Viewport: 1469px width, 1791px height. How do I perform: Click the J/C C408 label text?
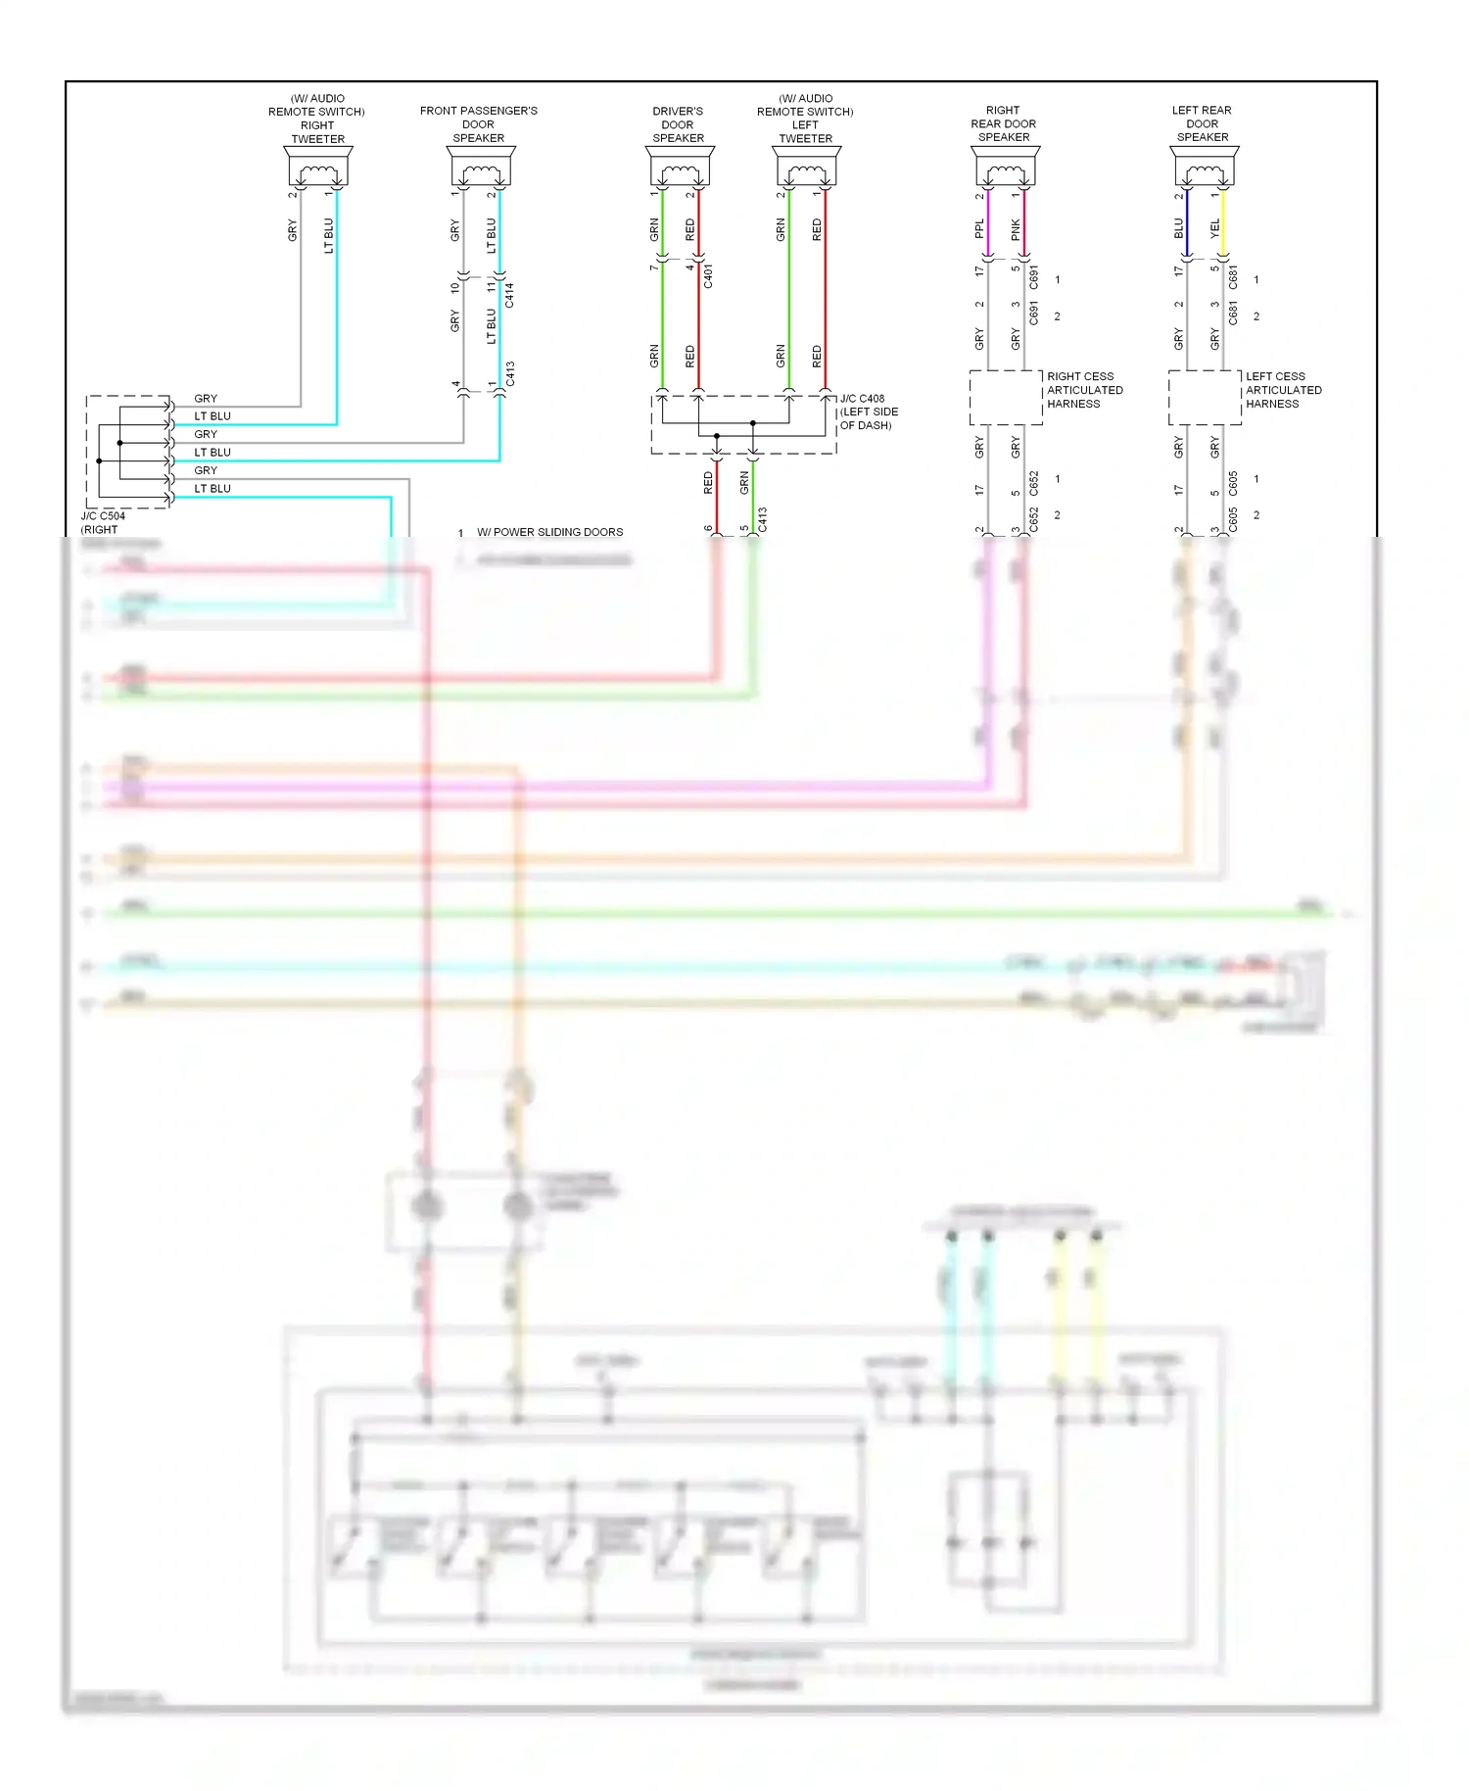coord(862,399)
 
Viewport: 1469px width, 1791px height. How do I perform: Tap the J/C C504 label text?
coord(103,516)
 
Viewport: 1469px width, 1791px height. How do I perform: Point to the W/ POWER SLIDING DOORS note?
coord(549,532)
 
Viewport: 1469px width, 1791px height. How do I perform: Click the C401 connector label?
coord(708,275)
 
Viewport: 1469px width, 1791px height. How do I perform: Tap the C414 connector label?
coord(509,295)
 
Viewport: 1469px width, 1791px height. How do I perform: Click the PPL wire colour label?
coord(979,229)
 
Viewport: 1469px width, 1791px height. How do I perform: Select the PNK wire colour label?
coord(1016,229)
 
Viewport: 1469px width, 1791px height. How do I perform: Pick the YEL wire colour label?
coord(1215,228)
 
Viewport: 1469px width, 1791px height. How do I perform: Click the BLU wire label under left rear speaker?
coord(1179,228)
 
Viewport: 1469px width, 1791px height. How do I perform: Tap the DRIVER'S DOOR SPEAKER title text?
coord(678,124)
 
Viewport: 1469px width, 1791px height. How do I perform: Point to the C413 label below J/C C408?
coord(762,519)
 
